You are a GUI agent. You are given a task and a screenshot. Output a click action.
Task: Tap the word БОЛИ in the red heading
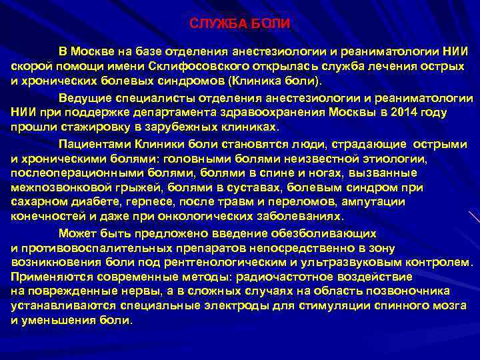click(273, 24)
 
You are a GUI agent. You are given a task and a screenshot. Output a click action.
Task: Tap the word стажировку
click(87, 127)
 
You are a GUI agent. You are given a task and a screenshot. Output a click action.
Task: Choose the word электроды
click(225, 305)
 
